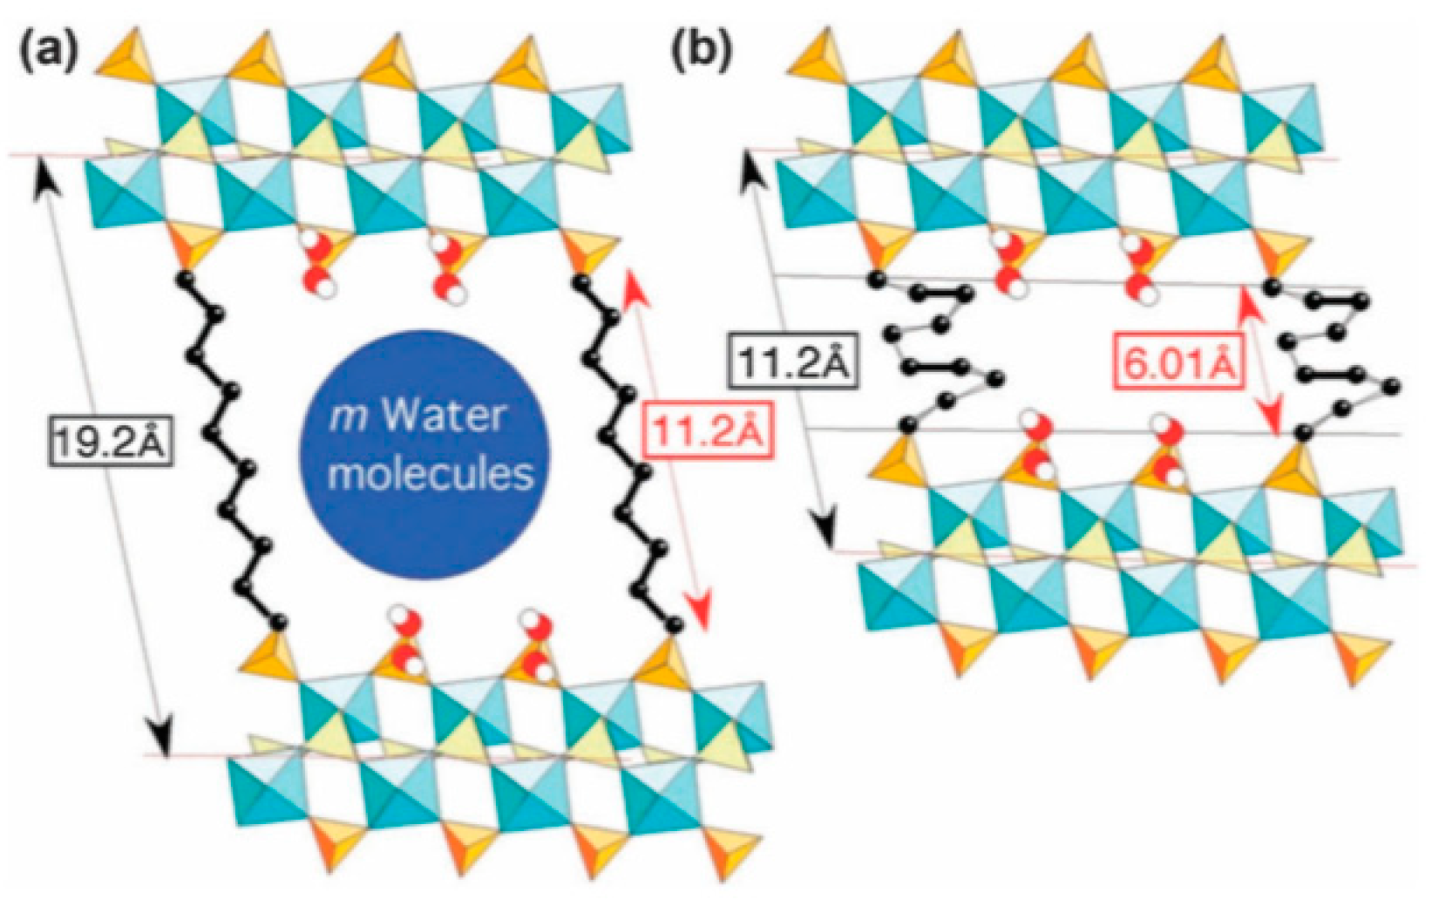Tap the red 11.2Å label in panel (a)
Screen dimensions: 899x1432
[x=709, y=430]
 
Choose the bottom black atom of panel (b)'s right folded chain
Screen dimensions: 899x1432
[x=1303, y=432]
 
